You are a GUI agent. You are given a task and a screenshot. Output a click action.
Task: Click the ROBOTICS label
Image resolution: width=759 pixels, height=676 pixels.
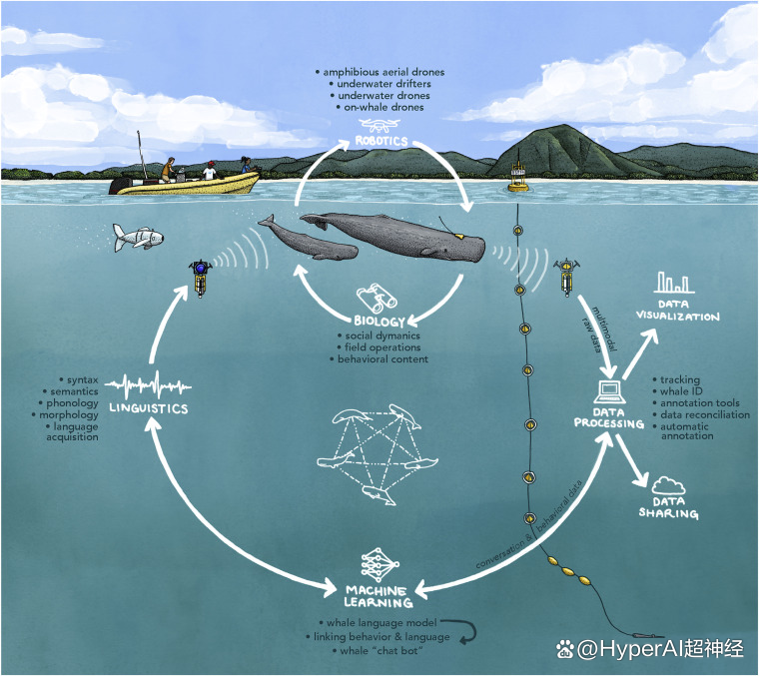click(x=381, y=141)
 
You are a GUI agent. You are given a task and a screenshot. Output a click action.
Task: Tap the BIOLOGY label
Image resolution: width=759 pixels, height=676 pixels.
click(x=379, y=321)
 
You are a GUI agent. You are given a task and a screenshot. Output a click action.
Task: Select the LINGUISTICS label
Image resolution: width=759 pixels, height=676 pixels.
click(x=149, y=408)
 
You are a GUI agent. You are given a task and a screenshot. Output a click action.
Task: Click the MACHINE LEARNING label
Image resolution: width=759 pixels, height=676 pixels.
click(x=379, y=597)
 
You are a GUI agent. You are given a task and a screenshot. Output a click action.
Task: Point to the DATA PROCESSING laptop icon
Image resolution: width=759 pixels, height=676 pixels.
click(x=610, y=392)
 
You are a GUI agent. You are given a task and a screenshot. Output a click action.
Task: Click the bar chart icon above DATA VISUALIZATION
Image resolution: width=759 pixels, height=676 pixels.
click(x=674, y=283)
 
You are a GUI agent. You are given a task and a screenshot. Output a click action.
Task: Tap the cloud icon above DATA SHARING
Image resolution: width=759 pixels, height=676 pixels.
click(x=668, y=485)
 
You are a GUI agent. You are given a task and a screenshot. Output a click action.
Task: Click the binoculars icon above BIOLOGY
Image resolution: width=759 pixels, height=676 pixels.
click(x=378, y=299)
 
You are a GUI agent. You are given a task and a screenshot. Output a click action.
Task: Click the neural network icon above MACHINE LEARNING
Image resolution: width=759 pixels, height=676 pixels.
click(x=379, y=565)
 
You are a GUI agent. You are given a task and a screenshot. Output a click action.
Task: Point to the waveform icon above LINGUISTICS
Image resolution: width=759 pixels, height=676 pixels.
click(x=149, y=385)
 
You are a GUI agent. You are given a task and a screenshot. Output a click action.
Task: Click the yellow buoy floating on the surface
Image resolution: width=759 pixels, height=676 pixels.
click(x=518, y=178)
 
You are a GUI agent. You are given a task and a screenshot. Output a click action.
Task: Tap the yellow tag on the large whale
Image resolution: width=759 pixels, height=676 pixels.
click(x=459, y=236)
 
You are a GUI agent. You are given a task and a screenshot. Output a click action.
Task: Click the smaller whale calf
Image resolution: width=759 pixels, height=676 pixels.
click(x=310, y=239)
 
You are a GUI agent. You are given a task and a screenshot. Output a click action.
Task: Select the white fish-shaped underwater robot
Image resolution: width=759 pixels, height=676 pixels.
click(x=138, y=237)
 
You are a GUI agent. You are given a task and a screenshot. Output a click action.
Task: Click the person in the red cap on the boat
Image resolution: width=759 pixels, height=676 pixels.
click(x=210, y=171)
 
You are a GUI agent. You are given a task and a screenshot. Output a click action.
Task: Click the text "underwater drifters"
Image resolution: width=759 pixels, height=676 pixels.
click(x=379, y=84)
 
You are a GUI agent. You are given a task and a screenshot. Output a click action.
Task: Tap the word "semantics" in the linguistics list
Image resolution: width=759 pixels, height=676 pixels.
click(x=74, y=391)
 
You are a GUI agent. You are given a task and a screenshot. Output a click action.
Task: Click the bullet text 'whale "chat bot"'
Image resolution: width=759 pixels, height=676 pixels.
click(x=379, y=651)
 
